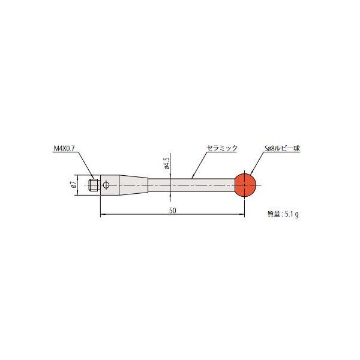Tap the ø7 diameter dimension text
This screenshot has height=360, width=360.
[73, 185]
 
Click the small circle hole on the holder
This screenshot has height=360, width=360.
[106, 185]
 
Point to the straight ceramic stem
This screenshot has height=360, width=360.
[192, 185]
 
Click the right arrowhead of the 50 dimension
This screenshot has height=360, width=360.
[242, 214]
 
